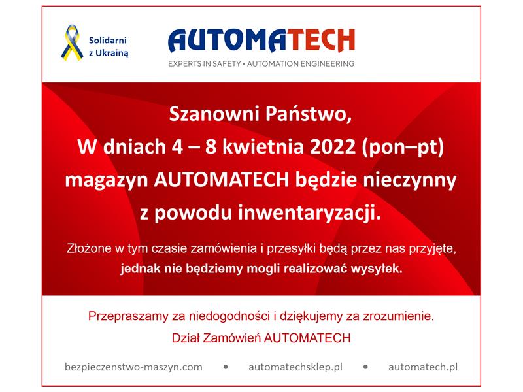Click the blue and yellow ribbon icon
click(72, 43)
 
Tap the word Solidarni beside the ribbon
click(108, 41)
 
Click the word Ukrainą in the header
click(112, 54)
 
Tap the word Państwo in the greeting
click(309, 114)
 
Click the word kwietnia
click(263, 146)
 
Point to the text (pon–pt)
click(403, 148)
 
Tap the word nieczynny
click(410, 180)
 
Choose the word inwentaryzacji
click(309, 213)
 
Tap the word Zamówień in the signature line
click(232, 338)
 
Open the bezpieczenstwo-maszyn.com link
click(133, 367)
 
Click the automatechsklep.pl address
click(295, 367)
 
